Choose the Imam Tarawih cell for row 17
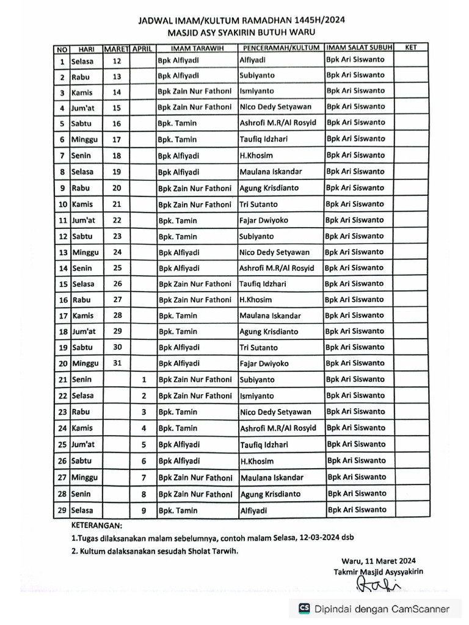(x=178, y=316)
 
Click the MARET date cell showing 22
(x=117, y=220)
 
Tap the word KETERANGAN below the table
(x=96, y=525)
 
